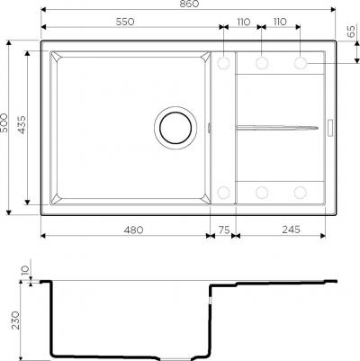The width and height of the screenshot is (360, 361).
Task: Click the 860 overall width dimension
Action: click(190, 4)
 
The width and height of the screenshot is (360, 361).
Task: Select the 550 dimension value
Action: click(125, 22)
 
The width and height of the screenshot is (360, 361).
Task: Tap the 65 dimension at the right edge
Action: click(351, 32)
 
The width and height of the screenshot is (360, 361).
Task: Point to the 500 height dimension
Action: click(4, 122)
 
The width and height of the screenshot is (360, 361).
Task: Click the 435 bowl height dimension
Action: click(22, 125)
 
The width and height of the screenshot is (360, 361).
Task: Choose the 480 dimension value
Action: click(134, 230)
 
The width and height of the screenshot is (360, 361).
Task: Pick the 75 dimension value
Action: click(224, 230)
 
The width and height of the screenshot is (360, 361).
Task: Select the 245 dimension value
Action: click(291, 230)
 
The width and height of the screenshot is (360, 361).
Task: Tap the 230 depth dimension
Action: click(15, 320)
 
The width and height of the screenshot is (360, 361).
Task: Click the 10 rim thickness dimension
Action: click(25, 270)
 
